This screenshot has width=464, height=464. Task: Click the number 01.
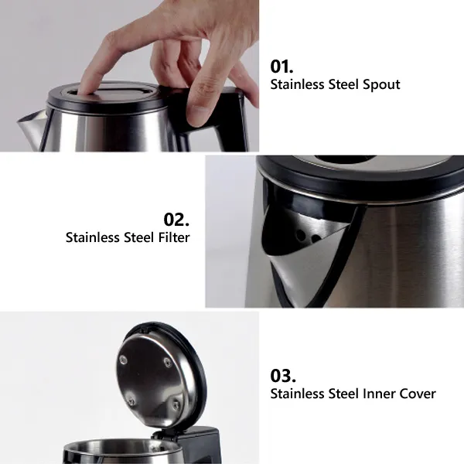281,67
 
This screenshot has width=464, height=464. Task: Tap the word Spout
381,85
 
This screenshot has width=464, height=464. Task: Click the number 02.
176,220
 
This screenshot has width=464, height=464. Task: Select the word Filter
174,237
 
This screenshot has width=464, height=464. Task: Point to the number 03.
283,376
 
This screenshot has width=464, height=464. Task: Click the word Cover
418,394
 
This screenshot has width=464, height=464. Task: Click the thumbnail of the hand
198,116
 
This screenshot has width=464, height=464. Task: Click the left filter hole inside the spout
301,235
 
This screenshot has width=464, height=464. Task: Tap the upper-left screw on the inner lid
123,360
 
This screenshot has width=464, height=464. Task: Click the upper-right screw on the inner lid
168,362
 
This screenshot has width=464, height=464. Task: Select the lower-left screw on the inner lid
131,401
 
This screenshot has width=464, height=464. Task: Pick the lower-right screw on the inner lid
176,404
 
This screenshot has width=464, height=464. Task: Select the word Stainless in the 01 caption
298,84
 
